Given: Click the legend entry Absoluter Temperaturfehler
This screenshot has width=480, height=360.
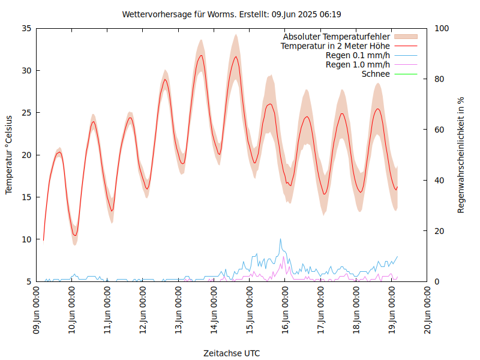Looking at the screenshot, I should (x=337, y=36).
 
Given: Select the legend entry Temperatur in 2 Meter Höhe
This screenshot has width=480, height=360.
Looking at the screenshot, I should (x=335, y=46).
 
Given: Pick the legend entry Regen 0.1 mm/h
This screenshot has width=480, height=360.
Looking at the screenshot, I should (x=358, y=55).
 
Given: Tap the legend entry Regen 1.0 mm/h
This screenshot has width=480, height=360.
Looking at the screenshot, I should (x=358, y=65).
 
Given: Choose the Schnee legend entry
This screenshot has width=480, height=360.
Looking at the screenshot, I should (x=376, y=74).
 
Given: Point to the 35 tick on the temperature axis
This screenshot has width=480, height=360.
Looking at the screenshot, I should (x=26, y=28).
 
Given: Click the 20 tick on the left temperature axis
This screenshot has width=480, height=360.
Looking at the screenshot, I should (x=26, y=155).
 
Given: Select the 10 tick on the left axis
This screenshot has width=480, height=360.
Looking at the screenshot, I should (x=26, y=239).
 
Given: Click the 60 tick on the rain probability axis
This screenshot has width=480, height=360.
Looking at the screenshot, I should (x=439, y=130).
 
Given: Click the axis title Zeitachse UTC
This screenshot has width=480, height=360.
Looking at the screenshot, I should (x=232, y=353).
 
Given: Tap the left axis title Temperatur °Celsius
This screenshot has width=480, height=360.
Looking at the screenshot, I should (x=9, y=155).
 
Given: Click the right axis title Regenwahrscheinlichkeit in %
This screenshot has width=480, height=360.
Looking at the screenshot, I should (x=461, y=155).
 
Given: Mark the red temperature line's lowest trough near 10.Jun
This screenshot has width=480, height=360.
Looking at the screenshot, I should (x=75, y=235).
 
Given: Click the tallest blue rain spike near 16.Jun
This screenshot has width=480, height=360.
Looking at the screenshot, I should (x=280, y=239).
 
